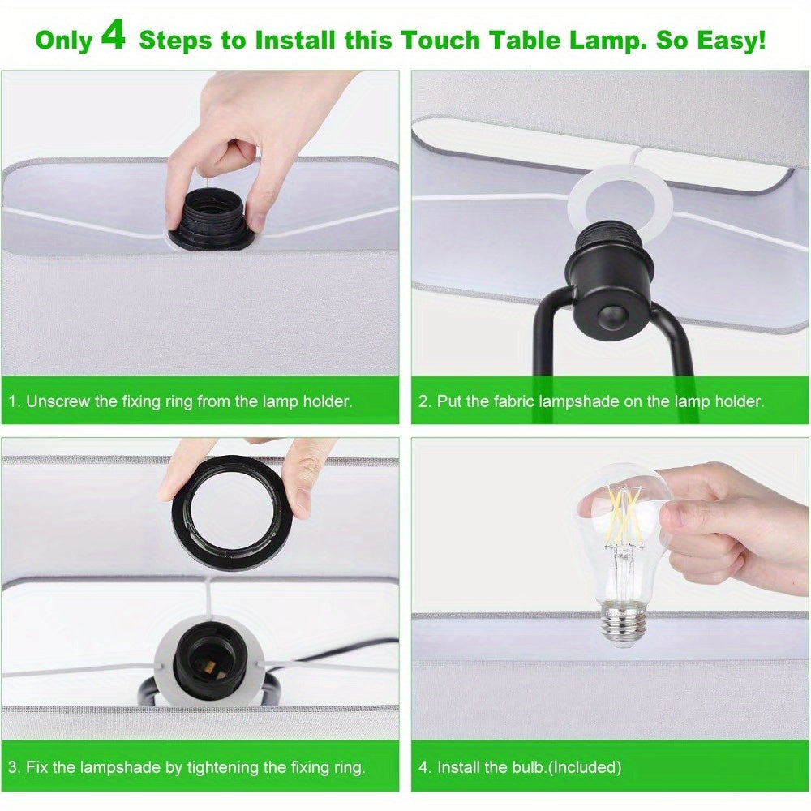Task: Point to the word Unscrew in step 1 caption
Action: click(58, 401)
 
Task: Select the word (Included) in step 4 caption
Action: click(584, 766)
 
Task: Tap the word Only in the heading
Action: click(64, 41)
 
